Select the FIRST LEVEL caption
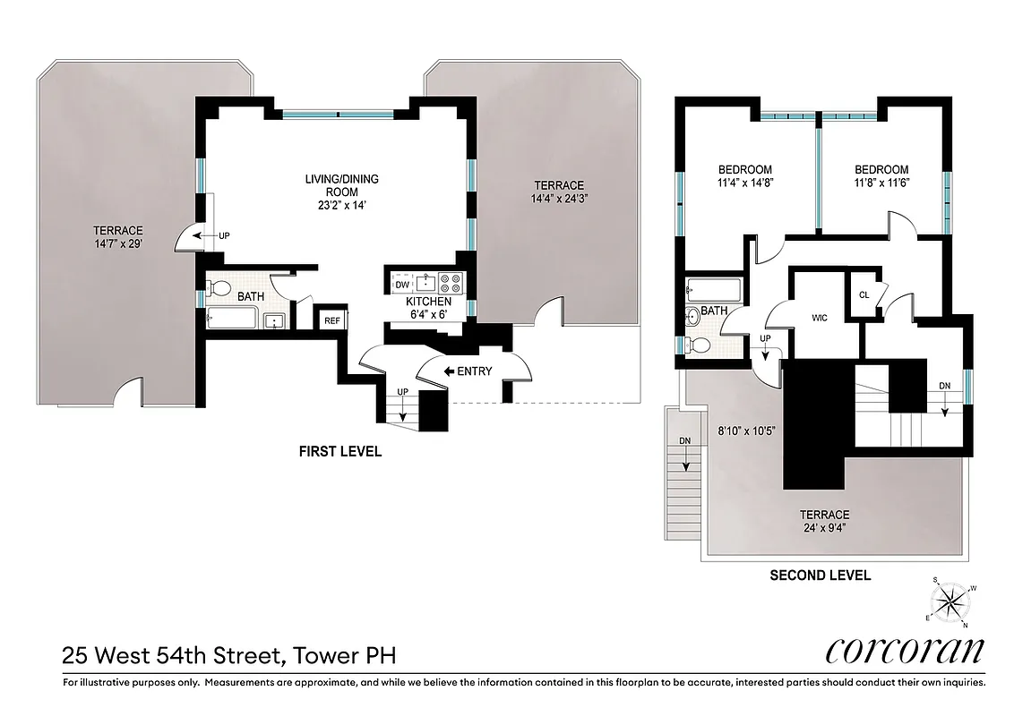pos(340,452)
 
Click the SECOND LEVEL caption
pos(820,575)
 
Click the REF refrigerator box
pos(331,320)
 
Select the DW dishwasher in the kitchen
pos(401,286)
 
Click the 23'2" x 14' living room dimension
pos(340,205)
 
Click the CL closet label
pos(864,294)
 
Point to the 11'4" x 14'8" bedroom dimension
pos(745,183)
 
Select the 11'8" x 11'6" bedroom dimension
pos(881,183)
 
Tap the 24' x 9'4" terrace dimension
pos(824,528)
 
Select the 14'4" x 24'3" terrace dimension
pos(557,199)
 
